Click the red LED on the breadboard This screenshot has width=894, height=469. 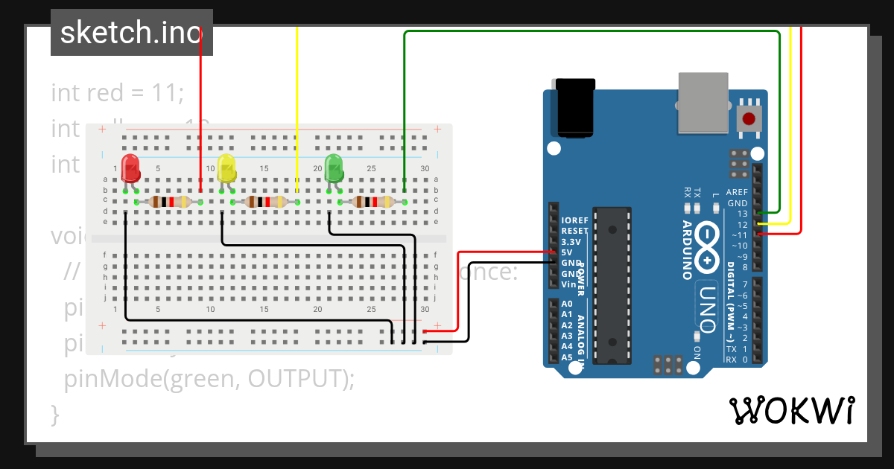click(130, 168)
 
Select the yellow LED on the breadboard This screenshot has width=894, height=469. click(226, 168)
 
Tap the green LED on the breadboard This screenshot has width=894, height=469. click(334, 167)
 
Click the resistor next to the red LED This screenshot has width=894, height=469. click(168, 202)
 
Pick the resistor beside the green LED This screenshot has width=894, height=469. click(372, 202)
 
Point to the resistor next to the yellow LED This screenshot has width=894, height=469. click(265, 202)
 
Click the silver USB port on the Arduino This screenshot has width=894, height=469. click(703, 102)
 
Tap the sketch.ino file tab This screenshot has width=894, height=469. click(131, 33)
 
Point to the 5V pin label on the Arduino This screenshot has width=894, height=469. click(567, 252)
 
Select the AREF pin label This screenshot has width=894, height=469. click(736, 193)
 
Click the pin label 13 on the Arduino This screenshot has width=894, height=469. click(741, 214)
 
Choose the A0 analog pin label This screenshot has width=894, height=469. click(567, 304)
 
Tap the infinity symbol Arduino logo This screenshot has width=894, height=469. click(706, 246)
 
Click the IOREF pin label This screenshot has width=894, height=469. click(574, 220)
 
